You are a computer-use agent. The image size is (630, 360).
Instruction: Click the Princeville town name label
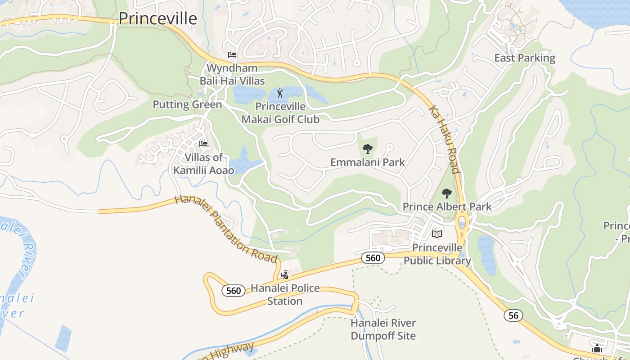point(157,18)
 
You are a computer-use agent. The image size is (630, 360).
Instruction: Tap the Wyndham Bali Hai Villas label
point(232,75)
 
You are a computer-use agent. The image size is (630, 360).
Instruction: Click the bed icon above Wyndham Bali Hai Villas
point(232,55)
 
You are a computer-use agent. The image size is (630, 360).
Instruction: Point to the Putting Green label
point(187,105)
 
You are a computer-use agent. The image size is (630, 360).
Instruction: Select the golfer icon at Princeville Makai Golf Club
point(280,94)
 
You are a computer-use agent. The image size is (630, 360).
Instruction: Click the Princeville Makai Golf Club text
point(280,113)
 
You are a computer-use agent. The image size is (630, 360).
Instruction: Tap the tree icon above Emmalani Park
point(368,148)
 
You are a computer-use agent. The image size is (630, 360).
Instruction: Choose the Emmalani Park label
point(368,162)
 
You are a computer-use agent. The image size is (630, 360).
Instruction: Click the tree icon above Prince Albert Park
point(446,193)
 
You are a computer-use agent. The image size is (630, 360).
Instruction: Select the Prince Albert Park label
point(447,207)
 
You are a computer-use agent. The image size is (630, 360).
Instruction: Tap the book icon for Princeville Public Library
point(436,234)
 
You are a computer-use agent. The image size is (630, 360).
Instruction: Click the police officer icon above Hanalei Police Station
point(284,274)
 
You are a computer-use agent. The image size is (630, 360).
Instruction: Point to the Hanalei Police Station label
point(285,294)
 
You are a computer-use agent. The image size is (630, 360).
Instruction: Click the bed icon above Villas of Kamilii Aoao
point(203,144)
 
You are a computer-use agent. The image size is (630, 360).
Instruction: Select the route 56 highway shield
point(513,315)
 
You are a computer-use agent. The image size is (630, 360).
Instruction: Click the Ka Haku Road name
point(444,139)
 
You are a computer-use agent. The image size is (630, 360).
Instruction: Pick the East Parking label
point(525,58)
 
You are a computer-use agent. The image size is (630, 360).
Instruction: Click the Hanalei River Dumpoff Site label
point(383,329)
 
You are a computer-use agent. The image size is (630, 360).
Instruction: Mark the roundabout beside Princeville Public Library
point(462,224)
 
